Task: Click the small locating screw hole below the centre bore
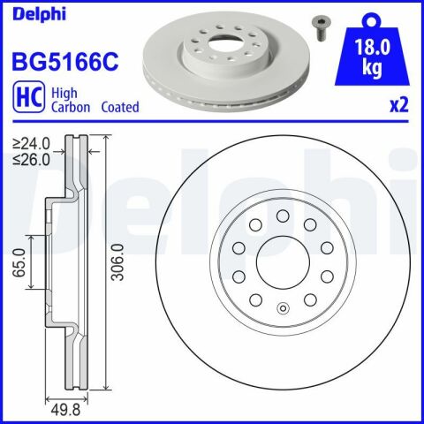click(283, 308)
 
